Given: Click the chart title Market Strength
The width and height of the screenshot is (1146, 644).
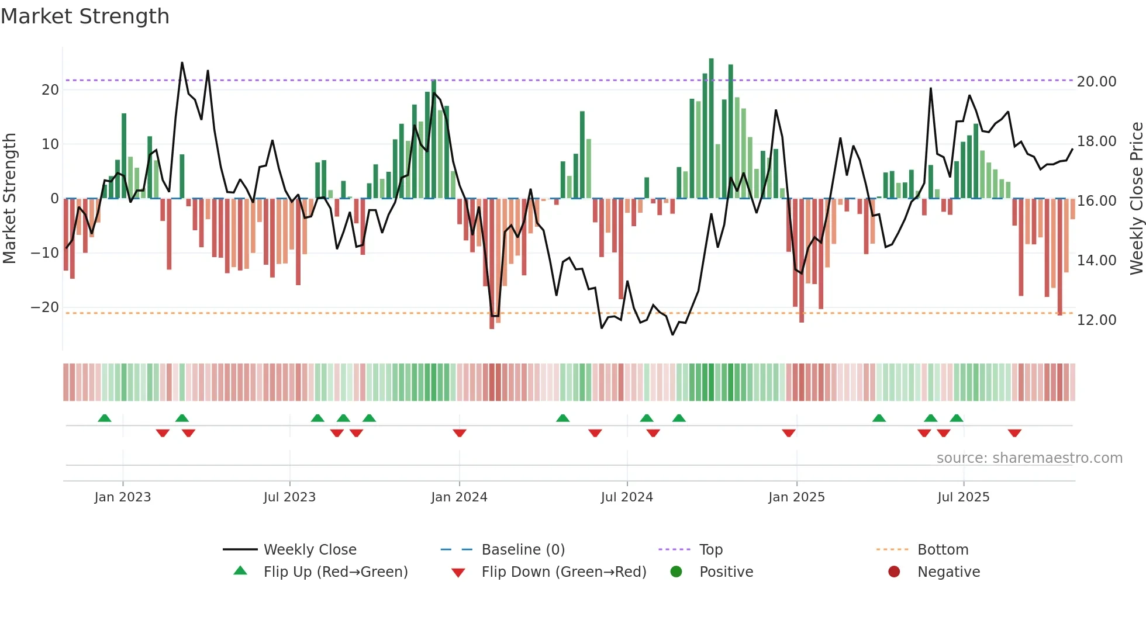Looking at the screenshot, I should coord(85,16).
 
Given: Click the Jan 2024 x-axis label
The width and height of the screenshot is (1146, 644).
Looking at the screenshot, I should coord(459,497).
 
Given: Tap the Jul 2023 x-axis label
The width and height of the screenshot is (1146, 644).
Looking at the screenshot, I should coord(289,497).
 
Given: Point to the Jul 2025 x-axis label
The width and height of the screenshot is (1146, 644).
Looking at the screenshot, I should coord(963,497).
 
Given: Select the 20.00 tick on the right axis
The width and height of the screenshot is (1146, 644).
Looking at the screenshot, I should coord(1096,82).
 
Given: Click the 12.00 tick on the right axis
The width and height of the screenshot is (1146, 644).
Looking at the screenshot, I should coord(1096,320).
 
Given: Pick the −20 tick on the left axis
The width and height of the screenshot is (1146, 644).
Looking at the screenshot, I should coord(45,307).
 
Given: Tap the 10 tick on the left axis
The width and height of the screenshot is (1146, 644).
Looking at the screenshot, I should coord(50,144).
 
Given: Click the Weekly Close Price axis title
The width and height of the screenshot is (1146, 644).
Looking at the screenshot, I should coord(1136,199).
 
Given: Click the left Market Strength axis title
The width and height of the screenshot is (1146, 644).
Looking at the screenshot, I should coord(9,199).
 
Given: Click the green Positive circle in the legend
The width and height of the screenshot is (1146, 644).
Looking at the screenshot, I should coord(676,572).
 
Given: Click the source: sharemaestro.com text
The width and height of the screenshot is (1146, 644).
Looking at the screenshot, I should coord(1029,458).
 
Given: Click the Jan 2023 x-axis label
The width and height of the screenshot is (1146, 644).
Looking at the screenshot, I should coord(123,497).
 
